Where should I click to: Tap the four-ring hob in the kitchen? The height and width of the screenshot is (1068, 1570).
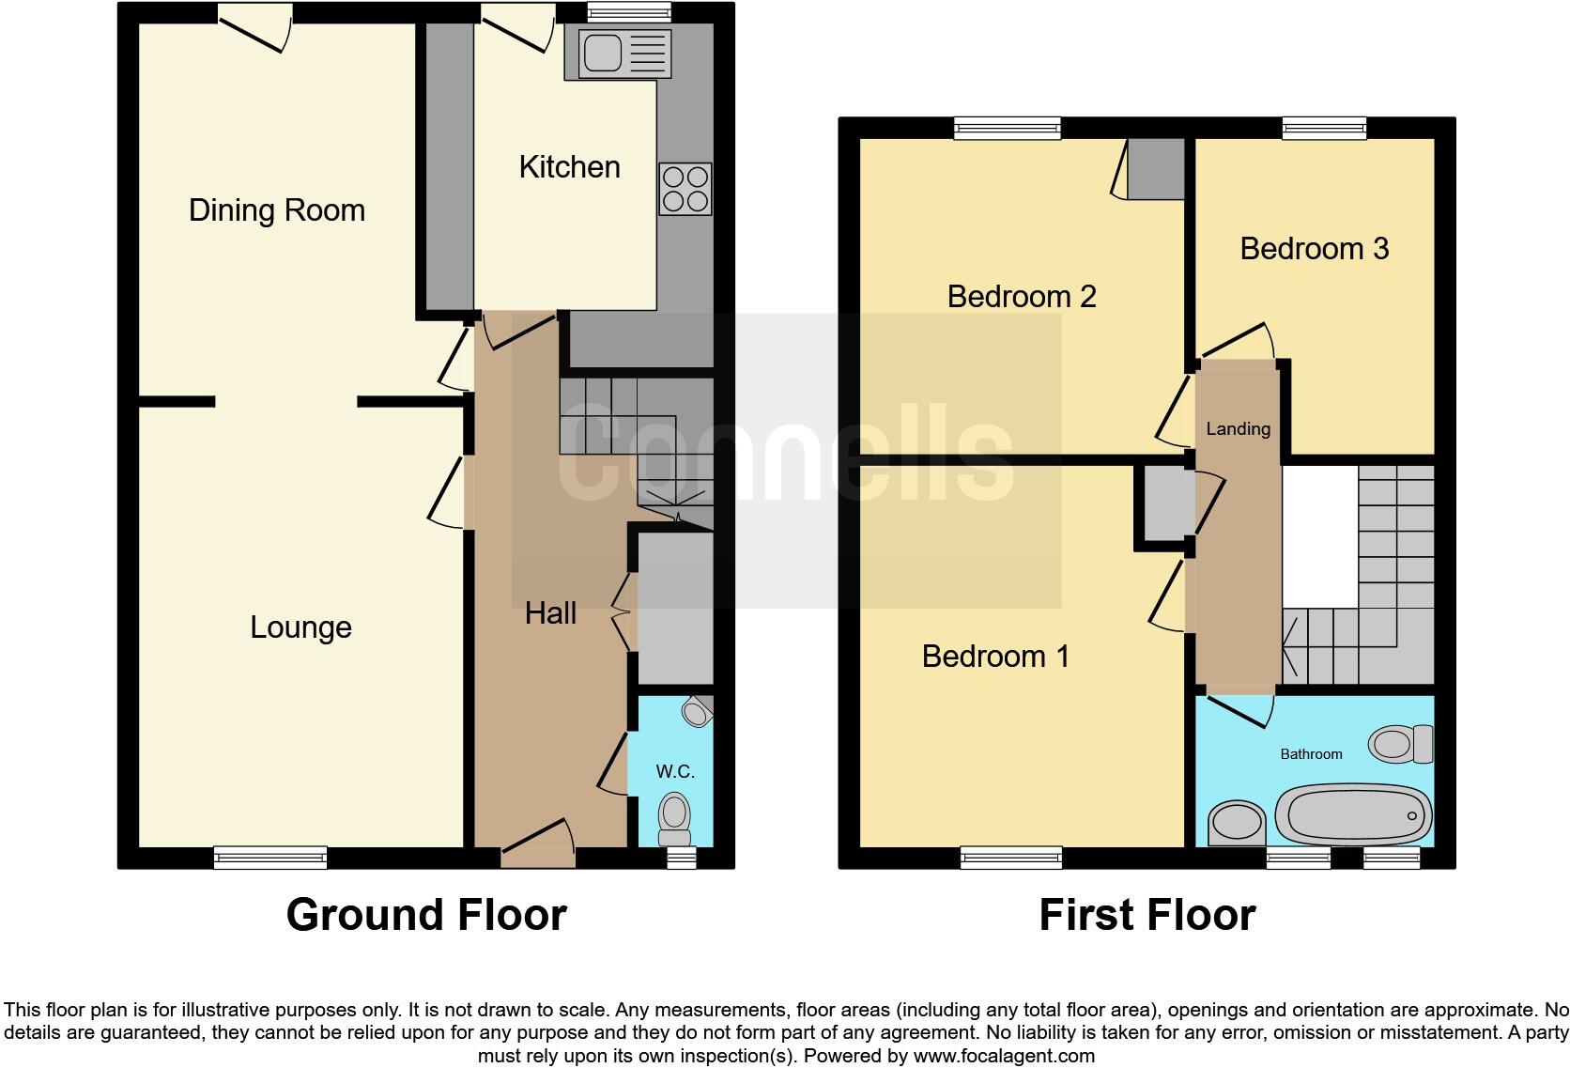[x=685, y=189]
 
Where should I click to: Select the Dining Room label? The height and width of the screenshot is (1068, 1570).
[x=276, y=210]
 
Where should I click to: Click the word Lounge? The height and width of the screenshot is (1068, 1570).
[x=300, y=627]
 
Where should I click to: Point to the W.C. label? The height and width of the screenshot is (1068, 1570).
[x=674, y=772]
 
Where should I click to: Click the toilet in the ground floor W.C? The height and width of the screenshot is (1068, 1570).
[x=674, y=819]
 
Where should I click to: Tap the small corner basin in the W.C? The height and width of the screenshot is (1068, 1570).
[x=697, y=712]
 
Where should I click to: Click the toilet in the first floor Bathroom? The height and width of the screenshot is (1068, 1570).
[x=1400, y=744]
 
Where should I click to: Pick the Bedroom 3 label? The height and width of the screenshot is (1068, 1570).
[x=1313, y=249]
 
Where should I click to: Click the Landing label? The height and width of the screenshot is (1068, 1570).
[x=1238, y=429]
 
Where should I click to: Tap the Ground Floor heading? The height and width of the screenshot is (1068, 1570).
[x=425, y=915]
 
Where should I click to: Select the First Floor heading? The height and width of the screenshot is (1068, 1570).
[x=1147, y=915]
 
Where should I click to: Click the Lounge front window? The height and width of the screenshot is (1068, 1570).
[x=270, y=856]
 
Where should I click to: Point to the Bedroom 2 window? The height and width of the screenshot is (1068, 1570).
[x=1008, y=128]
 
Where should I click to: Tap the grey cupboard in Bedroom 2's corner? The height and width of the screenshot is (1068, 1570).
[x=1156, y=169]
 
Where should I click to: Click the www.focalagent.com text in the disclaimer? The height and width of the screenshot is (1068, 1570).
[x=1004, y=1056]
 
